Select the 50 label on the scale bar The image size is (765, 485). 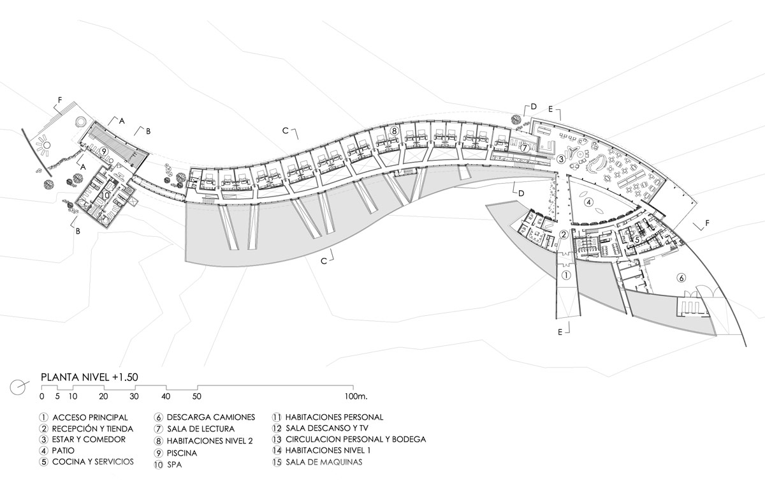[198, 396]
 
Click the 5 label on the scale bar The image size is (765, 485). [57, 396]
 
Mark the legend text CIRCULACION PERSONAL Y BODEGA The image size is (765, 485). [355, 440]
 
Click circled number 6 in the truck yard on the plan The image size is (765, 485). [681, 278]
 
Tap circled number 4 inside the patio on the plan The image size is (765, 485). [589, 202]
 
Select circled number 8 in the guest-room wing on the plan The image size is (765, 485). [395, 131]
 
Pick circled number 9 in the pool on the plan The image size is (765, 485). [103, 151]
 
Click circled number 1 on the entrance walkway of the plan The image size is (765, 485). [567, 276]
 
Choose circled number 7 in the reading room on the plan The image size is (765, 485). [524, 148]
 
